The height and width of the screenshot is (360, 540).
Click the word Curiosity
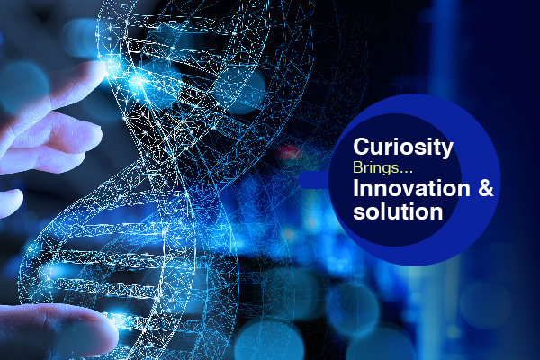[403, 148]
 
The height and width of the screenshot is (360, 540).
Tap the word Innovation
[411, 189]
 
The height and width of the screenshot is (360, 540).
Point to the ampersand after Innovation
[486, 189]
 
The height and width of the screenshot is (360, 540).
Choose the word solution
[398, 211]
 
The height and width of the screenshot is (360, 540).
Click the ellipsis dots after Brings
[407, 172]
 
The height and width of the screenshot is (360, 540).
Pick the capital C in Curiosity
[362, 147]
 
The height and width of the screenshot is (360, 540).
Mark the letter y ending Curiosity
[447, 150]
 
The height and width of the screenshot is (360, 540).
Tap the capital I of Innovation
[356, 188]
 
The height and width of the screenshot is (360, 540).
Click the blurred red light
[289, 152]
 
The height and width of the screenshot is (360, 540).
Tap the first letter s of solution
[360, 213]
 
